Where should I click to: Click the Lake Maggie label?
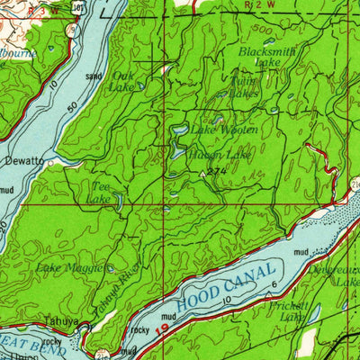pos(70,267)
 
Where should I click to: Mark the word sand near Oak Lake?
pos(93,77)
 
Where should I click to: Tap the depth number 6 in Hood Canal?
pos(274,284)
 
